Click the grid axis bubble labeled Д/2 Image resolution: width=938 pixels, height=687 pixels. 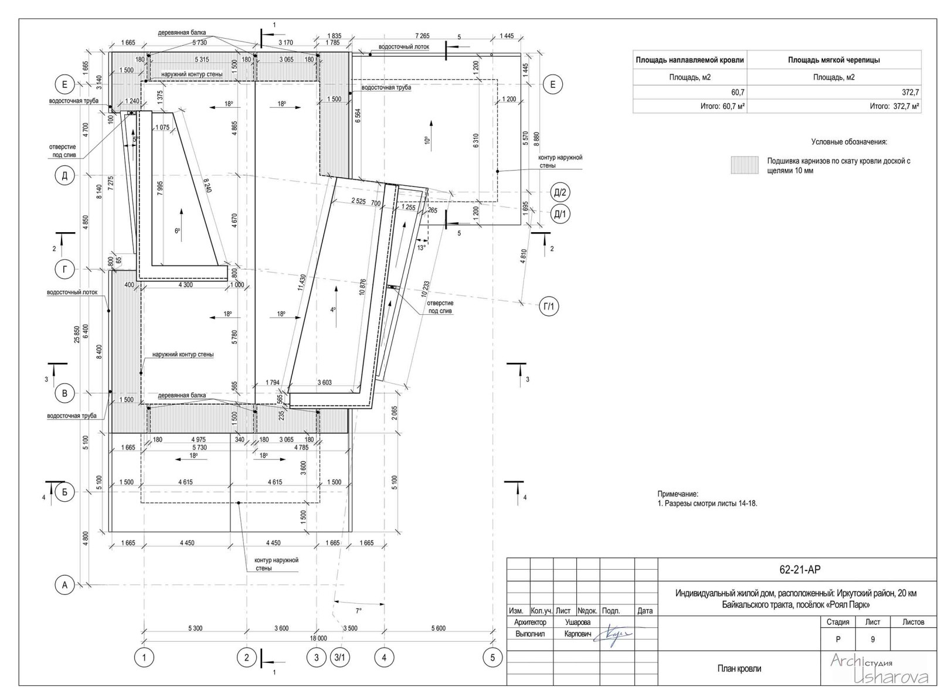pos(560,193)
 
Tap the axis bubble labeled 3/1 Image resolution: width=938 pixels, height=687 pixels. pos(339,657)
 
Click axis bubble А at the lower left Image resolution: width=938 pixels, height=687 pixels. pos(64,585)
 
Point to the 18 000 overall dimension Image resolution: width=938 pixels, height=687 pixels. pos(319,638)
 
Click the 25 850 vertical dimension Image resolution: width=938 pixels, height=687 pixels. pos(77,335)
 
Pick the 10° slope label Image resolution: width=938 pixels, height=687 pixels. pos(427,140)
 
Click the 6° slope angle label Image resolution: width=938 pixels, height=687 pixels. pos(178,231)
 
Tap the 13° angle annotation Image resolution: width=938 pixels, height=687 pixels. pos(422,247)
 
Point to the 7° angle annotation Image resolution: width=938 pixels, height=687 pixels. pos(358,611)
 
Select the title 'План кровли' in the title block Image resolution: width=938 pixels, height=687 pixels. pos(739,669)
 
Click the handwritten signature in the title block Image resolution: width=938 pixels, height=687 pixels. pos(615,635)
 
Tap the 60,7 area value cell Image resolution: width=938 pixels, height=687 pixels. pos(738,92)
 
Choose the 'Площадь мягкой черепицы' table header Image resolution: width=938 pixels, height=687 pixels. pos(834,60)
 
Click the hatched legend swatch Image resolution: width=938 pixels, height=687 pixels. pos(744,165)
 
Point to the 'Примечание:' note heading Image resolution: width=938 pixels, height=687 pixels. pos(678,494)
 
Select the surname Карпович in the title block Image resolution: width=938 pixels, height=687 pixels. pos(577,634)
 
